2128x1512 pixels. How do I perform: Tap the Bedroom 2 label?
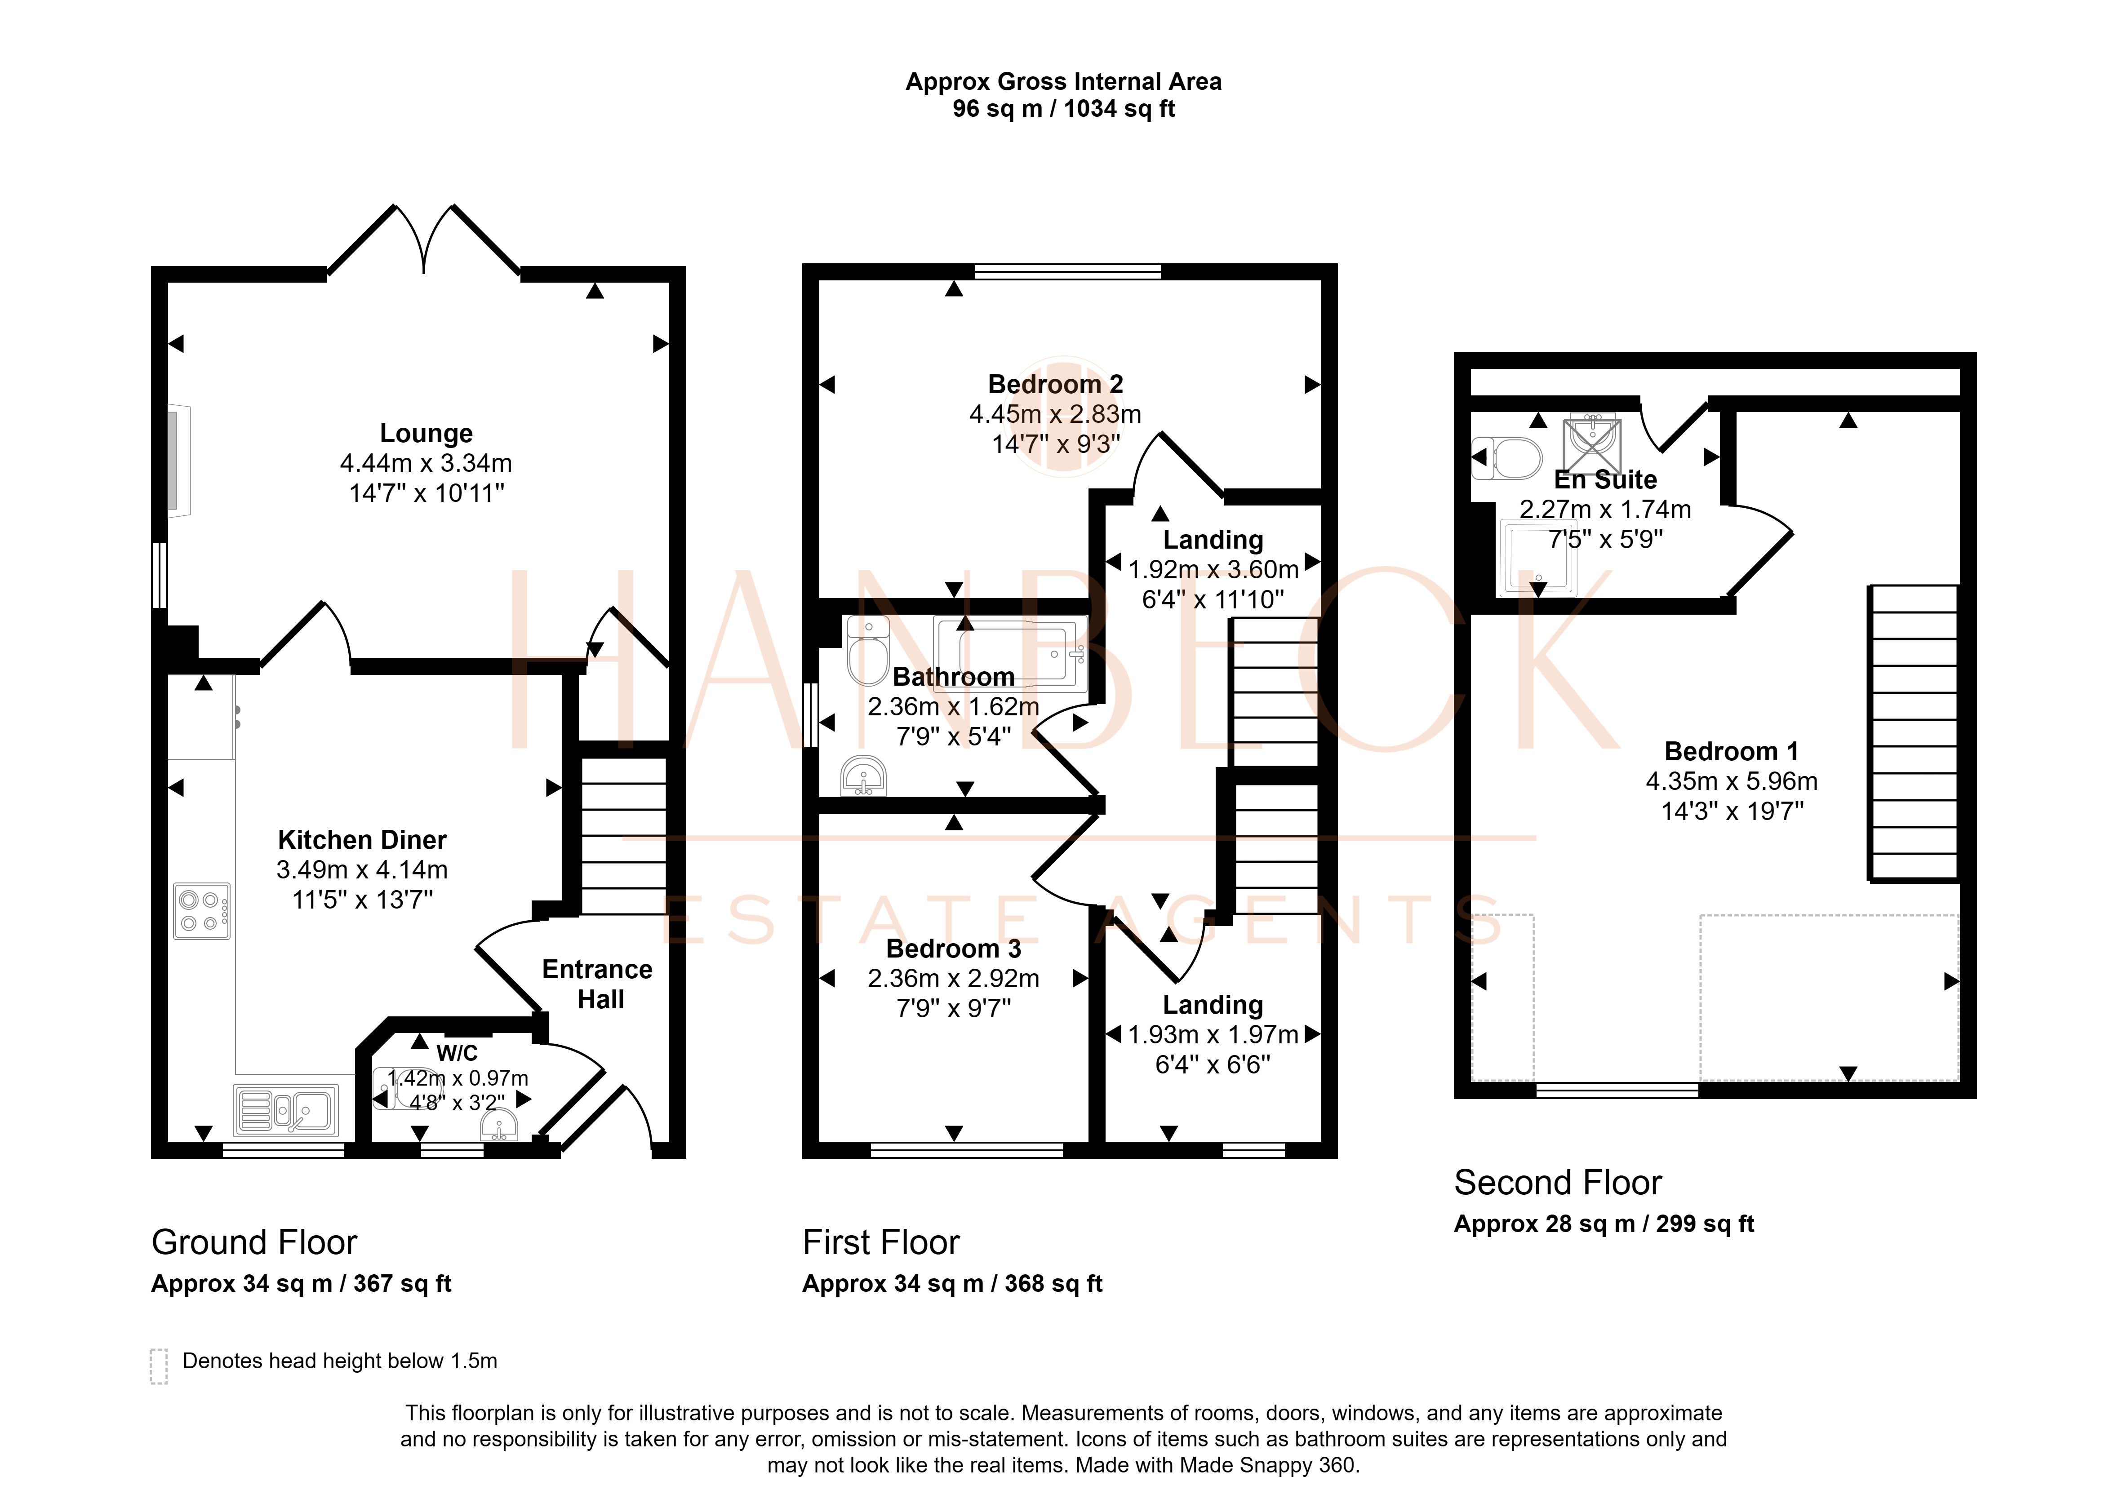click(1055, 385)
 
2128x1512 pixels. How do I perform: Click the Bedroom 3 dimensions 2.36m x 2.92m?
click(954, 979)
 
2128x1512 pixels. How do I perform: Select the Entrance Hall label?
click(598, 984)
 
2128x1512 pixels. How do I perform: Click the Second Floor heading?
click(1558, 1182)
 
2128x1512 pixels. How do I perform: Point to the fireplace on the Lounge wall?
click(178, 461)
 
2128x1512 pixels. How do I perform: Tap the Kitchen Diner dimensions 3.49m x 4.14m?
click(362, 869)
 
